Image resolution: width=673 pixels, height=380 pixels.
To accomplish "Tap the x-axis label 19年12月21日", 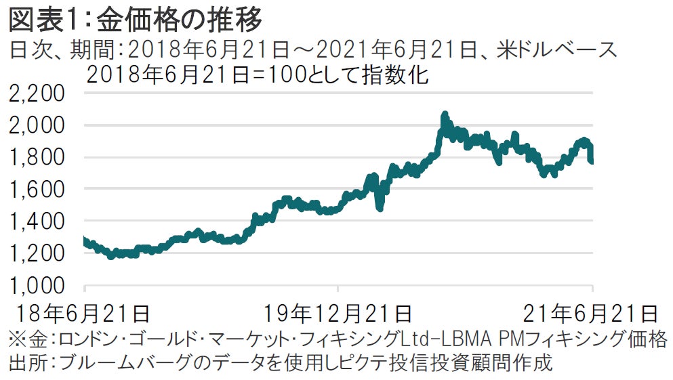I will coord(338,314).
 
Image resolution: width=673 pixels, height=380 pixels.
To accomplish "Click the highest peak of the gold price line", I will coord(445,115).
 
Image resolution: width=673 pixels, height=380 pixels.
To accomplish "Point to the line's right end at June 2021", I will coord(592,161).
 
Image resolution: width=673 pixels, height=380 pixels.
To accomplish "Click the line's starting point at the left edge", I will coord(84,239).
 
